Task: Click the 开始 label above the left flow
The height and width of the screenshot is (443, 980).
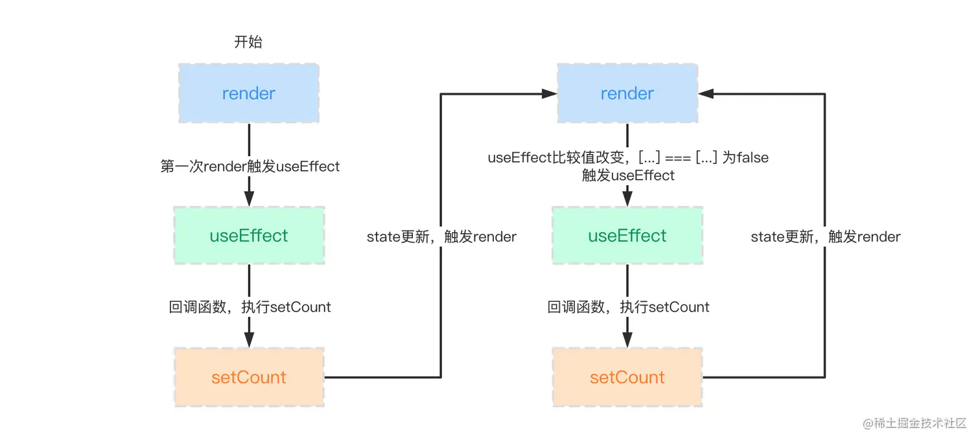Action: tap(248, 43)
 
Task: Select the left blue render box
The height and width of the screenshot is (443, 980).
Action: tap(248, 94)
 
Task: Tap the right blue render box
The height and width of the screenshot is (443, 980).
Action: tap(627, 94)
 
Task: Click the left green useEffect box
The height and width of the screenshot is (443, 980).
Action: tap(248, 236)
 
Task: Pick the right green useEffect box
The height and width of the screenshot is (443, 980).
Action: tap(627, 236)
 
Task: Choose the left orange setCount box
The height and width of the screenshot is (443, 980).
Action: tap(248, 378)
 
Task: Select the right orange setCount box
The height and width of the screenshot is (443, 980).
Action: tap(627, 378)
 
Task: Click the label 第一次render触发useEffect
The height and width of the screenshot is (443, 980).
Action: tap(250, 166)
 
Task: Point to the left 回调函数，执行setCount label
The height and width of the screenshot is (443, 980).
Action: tap(250, 307)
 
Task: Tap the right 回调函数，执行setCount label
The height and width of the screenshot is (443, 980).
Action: tap(628, 307)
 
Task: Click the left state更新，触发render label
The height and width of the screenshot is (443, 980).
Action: tap(441, 237)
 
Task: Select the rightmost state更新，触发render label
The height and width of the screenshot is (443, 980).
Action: tap(826, 237)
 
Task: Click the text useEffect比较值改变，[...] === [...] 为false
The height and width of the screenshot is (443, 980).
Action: tap(628, 158)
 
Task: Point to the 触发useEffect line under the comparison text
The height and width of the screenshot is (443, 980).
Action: tap(628, 176)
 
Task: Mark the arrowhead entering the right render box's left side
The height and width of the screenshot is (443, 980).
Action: tap(550, 94)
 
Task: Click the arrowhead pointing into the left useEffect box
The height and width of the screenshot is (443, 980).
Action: tap(249, 199)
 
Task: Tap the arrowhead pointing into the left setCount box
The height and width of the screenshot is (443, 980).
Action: tap(249, 340)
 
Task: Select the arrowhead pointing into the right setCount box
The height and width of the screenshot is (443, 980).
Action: tap(627, 340)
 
